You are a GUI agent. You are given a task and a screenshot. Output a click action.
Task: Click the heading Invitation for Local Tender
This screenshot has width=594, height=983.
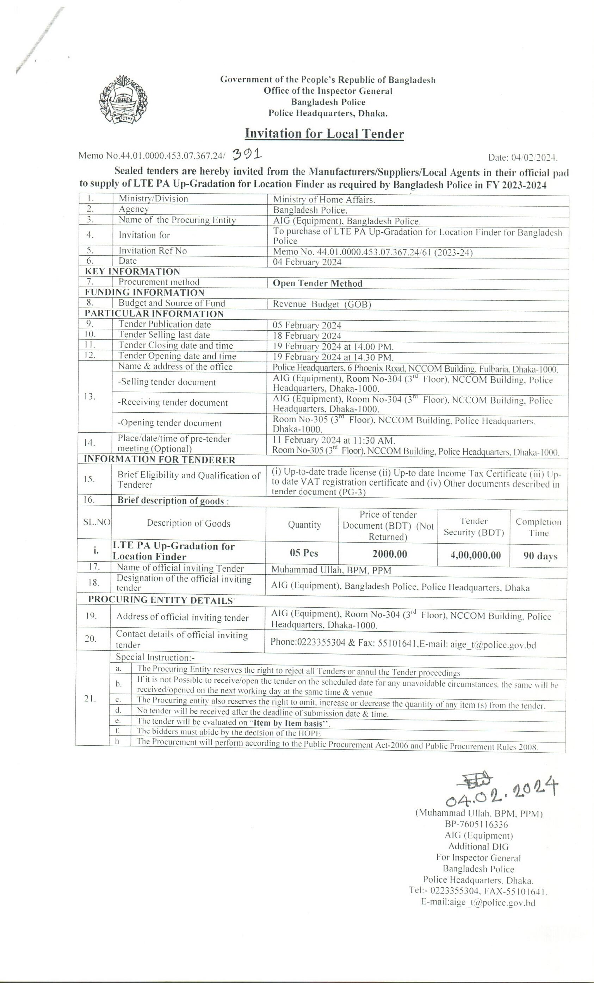click(324, 134)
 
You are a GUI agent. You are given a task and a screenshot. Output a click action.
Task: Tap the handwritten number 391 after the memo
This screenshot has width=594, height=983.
click(246, 154)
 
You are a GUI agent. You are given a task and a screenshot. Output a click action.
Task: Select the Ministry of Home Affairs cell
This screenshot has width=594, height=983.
click(324, 200)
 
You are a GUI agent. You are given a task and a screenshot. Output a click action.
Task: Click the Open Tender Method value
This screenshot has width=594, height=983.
click(317, 284)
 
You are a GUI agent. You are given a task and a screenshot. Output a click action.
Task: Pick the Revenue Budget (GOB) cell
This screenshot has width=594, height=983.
click(322, 305)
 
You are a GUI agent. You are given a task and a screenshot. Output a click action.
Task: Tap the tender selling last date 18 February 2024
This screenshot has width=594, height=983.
click(307, 336)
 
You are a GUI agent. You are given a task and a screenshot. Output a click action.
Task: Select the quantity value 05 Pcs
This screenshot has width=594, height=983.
click(304, 553)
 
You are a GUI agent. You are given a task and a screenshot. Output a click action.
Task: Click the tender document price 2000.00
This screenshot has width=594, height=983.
click(390, 554)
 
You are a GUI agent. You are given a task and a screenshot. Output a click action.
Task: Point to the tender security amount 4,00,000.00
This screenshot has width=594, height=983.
click(475, 555)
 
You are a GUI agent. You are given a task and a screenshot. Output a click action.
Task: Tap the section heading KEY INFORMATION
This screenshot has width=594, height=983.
click(132, 272)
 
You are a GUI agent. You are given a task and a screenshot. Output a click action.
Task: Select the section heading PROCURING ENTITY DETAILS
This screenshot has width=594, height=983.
click(160, 600)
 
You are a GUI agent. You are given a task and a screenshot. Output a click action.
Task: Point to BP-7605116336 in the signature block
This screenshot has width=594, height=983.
click(476, 824)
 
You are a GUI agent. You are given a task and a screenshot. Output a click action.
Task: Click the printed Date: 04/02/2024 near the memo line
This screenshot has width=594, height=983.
click(522, 158)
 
